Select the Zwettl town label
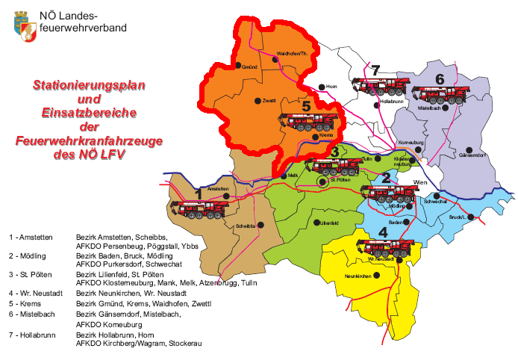pyautogui.click(x=269, y=100)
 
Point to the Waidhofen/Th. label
pyautogui.click(x=293, y=55)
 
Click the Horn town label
pyautogui.click(x=332, y=87)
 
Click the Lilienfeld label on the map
pyautogui.click(x=328, y=223)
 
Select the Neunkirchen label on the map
pyautogui.click(x=359, y=276)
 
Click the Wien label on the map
pyautogui.click(x=419, y=182)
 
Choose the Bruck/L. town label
pyautogui.click(x=459, y=217)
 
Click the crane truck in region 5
pyautogui.click(x=309, y=120)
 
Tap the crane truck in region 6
pyautogui.click(x=440, y=94)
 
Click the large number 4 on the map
pyautogui.click(x=383, y=232)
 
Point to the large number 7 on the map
pyautogui.click(x=375, y=71)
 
